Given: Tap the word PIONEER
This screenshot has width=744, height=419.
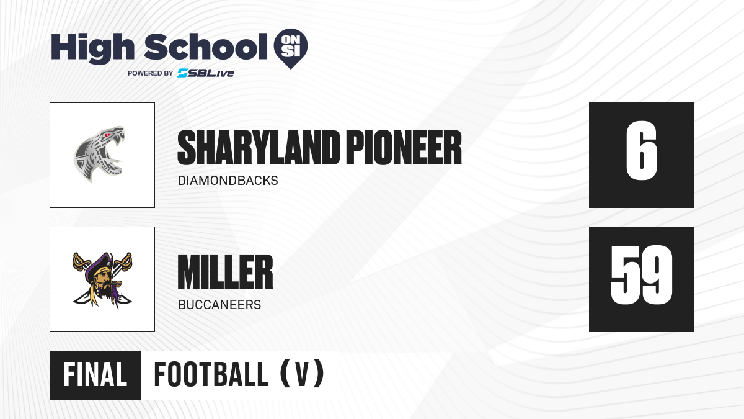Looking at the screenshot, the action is tap(404, 148).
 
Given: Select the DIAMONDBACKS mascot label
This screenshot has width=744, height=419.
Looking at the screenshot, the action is tap(228, 181).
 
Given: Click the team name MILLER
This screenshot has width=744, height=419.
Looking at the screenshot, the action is tap(225, 272).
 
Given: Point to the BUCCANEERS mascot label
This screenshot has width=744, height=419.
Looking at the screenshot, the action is tap(219, 305).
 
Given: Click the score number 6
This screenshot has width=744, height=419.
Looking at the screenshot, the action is tap(641, 151).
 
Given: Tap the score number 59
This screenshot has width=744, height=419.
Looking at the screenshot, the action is tap(641, 274).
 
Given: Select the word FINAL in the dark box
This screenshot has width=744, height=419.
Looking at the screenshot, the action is tap(95, 375).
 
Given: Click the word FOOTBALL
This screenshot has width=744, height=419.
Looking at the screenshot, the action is tap(211, 375).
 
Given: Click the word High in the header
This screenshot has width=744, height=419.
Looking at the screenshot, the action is tap(92, 47).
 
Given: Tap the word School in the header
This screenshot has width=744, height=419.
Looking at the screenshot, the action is tap(206, 47).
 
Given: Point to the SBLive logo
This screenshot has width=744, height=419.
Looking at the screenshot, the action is tap(205, 73).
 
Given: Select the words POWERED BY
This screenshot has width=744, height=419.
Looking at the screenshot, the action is tap(150, 73).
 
